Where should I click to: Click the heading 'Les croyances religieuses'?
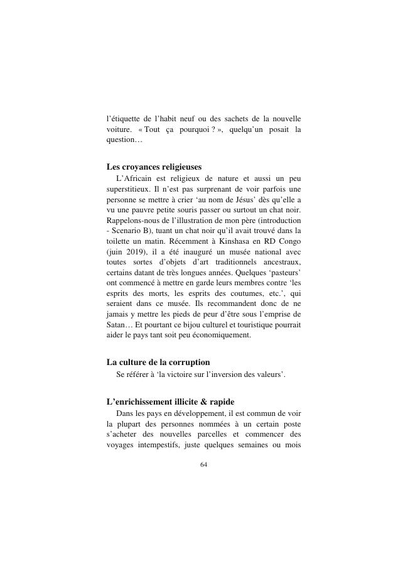[154, 167]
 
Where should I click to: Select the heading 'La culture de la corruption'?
[158, 363]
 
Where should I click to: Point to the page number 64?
[203, 464]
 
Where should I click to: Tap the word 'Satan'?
[117, 325]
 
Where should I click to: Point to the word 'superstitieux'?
[128, 188]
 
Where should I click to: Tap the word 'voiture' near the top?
[120, 130]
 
